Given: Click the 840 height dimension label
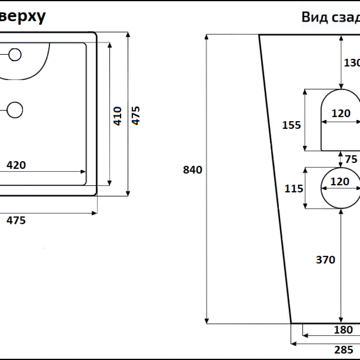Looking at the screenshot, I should click(192, 170).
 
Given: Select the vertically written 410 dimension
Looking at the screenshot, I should click(118, 116).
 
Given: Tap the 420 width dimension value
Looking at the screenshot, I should click(16, 165).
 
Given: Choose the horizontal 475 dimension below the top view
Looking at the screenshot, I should click(16, 220).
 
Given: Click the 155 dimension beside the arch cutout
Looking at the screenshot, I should click(291, 125).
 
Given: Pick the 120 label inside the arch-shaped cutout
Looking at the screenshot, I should click(341, 114).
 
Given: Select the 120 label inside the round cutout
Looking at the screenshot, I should click(340, 182).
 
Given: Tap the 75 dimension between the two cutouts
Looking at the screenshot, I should click(351, 159).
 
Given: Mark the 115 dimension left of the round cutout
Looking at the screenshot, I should click(294, 188).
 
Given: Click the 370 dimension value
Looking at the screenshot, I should click(325, 260).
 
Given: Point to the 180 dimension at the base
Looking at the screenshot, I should click(343, 330).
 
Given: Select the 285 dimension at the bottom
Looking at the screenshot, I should click(344, 350).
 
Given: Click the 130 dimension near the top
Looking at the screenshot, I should click(352, 63).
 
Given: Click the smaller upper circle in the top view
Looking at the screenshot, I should click(15, 54).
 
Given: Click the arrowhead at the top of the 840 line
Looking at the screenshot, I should click(207, 37).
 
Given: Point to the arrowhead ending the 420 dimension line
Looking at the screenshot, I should click(84, 172).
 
